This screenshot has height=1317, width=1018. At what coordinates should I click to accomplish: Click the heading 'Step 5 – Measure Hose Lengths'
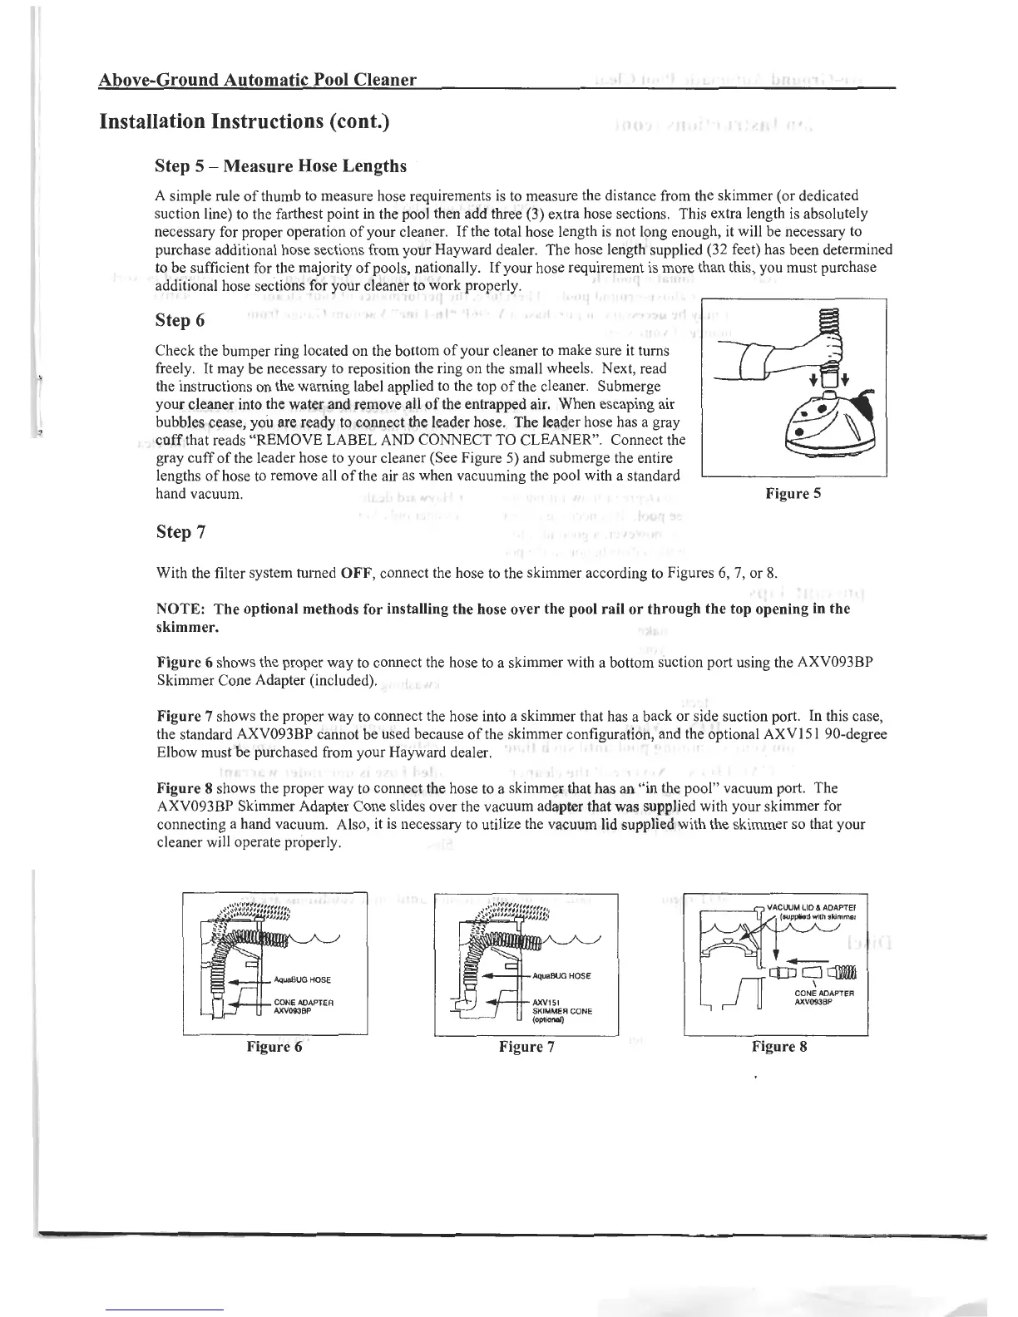coord(281,166)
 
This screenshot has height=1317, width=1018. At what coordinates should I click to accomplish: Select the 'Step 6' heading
coord(180,321)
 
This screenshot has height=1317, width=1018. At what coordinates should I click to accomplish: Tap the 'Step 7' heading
coord(180,532)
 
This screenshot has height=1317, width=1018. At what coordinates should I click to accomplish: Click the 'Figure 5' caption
coord(793,494)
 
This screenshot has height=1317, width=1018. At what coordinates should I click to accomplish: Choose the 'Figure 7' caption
coord(526,1047)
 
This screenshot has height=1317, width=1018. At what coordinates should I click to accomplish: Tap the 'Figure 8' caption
coord(779,1047)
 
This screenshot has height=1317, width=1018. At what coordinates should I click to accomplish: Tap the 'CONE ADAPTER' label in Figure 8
coord(819,993)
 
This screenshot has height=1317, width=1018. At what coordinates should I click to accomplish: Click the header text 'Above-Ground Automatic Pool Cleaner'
coord(257,81)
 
